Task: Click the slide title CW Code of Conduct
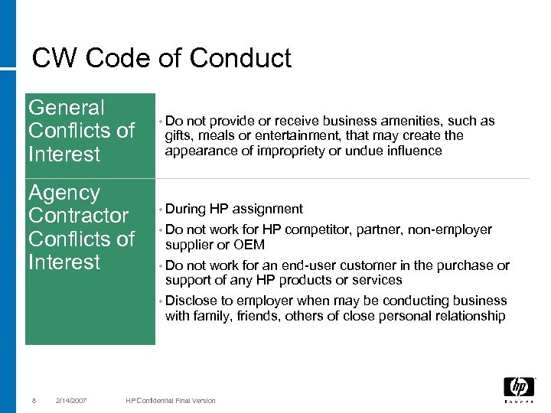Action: click(x=161, y=58)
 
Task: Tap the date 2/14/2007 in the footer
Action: click(x=70, y=400)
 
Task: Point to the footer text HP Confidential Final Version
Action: click(x=171, y=400)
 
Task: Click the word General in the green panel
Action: click(x=67, y=108)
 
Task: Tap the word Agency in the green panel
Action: click(x=64, y=193)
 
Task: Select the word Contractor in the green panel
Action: click(x=78, y=216)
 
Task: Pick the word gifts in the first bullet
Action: click(x=178, y=135)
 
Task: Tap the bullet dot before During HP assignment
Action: click(x=161, y=210)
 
